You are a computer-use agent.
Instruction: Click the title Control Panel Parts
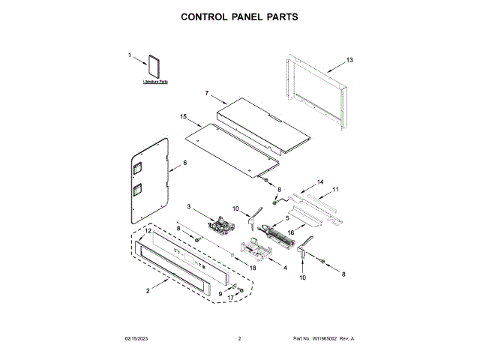pos(240,16)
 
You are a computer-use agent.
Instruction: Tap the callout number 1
pos(129,55)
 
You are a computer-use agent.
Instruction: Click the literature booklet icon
pos(155,67)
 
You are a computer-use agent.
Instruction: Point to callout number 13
pos(349,60)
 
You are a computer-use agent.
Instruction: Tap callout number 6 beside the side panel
pos(184,163)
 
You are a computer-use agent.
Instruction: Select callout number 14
pos(319,182)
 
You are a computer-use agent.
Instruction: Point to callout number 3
pos(189,207)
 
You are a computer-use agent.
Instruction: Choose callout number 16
pos(291,233)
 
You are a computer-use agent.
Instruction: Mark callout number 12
pos(148,232)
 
